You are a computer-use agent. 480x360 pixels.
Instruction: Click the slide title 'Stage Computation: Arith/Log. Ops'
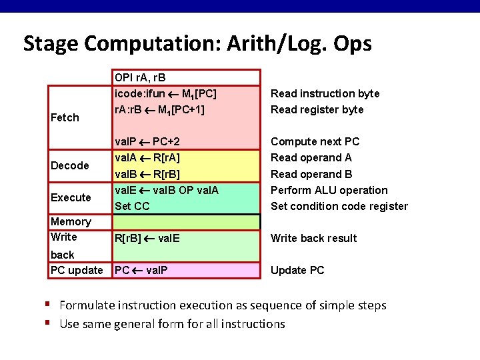[x=197, y=43]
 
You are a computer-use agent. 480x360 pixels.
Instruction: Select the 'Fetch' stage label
[x=65, y=117]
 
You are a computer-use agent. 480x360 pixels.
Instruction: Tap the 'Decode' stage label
[x=70, y=165]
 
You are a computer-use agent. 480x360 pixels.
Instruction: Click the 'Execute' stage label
[x=71, y=197]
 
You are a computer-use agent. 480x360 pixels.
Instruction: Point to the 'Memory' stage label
[x=71, y=221]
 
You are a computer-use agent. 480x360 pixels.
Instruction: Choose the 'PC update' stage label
[x=77, y=270]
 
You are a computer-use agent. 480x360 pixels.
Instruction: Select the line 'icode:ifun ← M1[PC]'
[x=165, y=93]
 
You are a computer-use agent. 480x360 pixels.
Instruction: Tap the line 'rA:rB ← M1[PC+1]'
[x=159, y=109]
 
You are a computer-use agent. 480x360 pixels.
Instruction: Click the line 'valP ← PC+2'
[x=147, y=141]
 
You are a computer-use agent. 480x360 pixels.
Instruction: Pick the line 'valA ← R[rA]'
[x=147, y=158]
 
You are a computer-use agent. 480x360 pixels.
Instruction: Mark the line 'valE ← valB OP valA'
[x=167, y=190]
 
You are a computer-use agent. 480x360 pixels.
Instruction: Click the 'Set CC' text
[x=132, y=206]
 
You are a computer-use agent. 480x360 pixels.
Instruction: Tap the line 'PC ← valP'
[x=141, y=270]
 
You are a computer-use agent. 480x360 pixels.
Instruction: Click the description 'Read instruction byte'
[x=325, y=93]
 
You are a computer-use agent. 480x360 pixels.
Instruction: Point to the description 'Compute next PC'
[x=315, y=141]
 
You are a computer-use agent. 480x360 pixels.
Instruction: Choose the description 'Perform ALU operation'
[x=329, y=190]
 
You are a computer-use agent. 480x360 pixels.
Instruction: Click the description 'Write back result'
[x=313, y=238]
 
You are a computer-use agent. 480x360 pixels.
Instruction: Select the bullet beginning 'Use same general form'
[x=172, y=324]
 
